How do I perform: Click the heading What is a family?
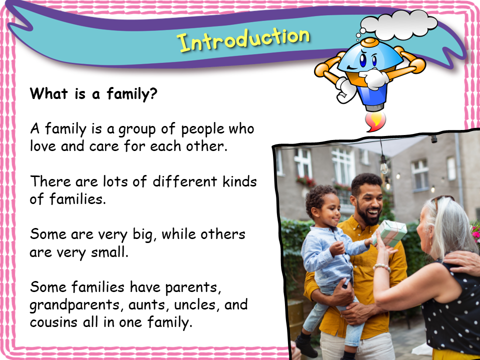point(93,94)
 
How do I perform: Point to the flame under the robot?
point(373,121)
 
